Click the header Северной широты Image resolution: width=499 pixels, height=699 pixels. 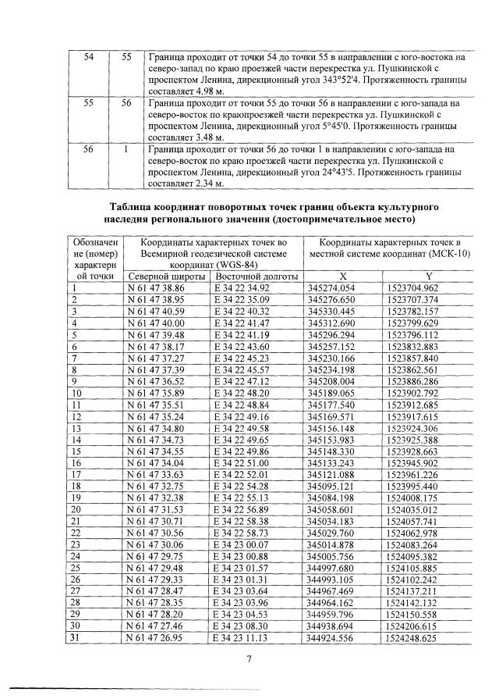[168, 276]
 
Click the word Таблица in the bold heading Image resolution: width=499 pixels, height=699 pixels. [133, 206]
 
